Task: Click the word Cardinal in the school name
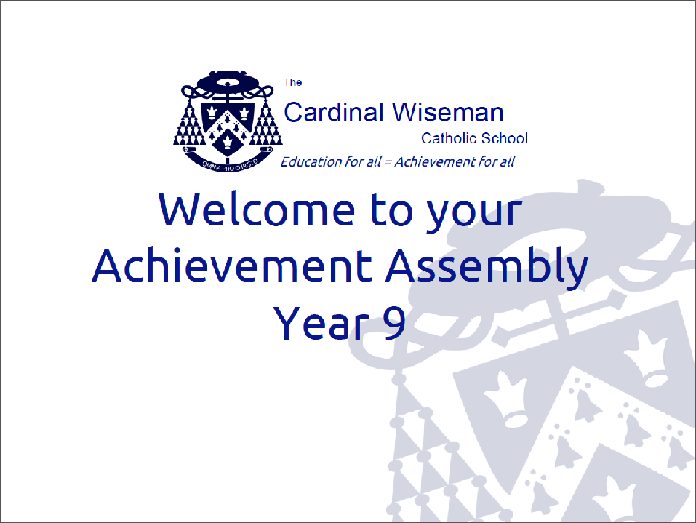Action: (333, 112)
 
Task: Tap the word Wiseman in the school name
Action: (448, 112)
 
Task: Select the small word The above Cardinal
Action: (293, 82)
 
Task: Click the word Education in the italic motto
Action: (311, 161)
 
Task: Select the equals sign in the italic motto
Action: (388, 162)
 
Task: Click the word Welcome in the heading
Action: (257, 209)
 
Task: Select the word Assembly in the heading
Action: (487, 269)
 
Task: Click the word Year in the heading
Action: (321, 322)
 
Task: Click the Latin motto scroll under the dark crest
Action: (227, 162)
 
